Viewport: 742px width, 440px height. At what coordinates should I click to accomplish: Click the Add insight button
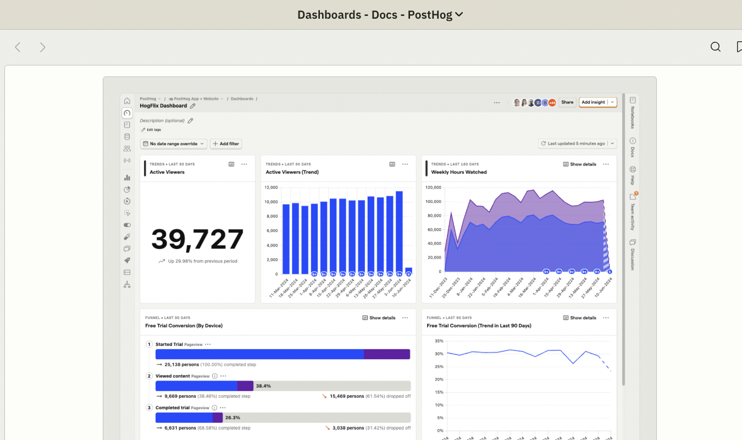coord(593,102)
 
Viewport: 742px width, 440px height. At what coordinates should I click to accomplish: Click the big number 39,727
coord(197,239)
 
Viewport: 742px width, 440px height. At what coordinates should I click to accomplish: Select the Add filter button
coord(226,144)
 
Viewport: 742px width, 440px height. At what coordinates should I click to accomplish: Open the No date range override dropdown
coord(174,144)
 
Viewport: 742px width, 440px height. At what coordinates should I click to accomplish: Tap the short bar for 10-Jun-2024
coord(408,271)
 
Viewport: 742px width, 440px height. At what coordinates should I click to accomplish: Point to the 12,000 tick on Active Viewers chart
coord(270,188)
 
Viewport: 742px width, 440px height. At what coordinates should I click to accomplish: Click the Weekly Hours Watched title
coord(458,172)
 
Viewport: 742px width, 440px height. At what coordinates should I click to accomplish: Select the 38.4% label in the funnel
coord(263,386)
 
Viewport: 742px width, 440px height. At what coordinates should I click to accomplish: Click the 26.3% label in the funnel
coord(232,417)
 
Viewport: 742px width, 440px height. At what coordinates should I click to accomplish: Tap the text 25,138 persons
coord(180,364)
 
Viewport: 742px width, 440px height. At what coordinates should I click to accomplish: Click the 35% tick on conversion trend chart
coord(439,341)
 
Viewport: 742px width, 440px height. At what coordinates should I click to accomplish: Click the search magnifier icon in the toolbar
coord(715,47)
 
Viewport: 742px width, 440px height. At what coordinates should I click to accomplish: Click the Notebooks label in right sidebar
coord(633,117)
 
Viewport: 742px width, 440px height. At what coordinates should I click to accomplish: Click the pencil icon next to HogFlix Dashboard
coord(192,106)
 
